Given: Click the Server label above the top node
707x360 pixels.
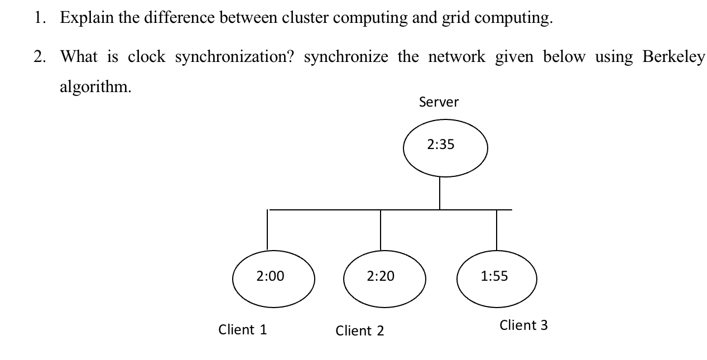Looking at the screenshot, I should pyautogui.click(x=439, y=102).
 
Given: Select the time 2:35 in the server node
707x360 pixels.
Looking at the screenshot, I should pyautogui.click(x=441, y=145).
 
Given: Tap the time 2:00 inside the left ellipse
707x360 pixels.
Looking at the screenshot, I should pyautogui.click(x=270, y=276).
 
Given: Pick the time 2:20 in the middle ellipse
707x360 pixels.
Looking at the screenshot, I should pyautogui.click(x=381, y=276).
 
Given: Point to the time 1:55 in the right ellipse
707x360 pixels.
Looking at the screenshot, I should pyautogui.click(x=494, y=276).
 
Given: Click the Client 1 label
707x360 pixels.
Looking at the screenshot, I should pyautogui.click(x=243, y=330).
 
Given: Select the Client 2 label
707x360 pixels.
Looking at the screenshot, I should pyautogui.click(x=360, y=331).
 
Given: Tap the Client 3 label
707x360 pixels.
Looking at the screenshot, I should pyautogui.click(x=523, y=325).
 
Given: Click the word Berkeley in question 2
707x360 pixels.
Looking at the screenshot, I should pyautogui.click(x=674, y=57).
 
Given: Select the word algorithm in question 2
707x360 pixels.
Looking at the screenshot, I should pyautogui.click(x=95, y=87).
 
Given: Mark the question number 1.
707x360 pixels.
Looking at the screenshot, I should pyautogui.click(x=38, y=18).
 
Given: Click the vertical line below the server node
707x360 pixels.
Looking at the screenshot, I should pyautogui.click(x=440, y=193).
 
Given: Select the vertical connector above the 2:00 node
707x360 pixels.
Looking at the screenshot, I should pyautogui.click(x=267, y=229).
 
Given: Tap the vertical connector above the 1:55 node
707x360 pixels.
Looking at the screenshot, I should pyautogui.click(x=497, y=229).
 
